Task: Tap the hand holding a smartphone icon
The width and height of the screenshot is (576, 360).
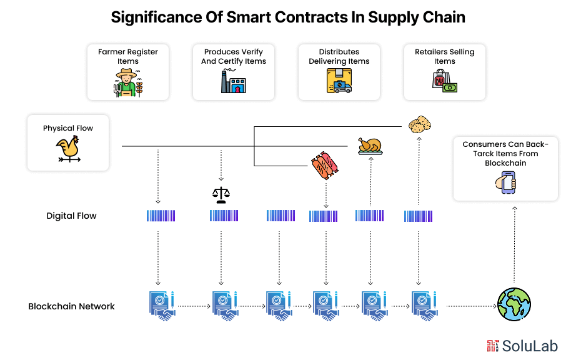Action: point(505,183)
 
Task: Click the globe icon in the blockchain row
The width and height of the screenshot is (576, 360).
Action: point(514,304)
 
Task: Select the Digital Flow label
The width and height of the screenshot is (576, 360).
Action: point(71,216)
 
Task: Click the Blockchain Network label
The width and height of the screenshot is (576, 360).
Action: point(71,306)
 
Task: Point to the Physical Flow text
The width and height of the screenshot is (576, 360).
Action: point(67,128)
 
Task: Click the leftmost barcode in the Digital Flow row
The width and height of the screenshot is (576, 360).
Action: point(161,216)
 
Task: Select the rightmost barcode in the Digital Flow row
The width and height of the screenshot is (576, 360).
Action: point(418,216)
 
